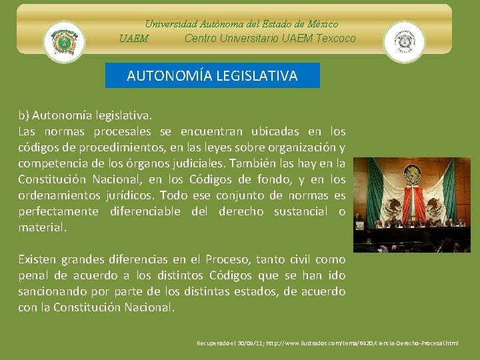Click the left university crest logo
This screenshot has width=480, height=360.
click(x=64, y=42)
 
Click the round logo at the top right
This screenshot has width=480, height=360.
click(x=404, y=42)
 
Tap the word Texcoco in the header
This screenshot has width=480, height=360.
click(x=334, y=38)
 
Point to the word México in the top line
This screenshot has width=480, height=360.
click(x=321, y=24)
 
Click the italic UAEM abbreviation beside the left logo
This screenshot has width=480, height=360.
click(x=134, y=39)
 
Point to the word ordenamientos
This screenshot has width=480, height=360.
click(x=61, y=195)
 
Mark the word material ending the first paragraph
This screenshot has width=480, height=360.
click(x=42, y=227)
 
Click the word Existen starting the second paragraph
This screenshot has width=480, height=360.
click(x=37, y=259)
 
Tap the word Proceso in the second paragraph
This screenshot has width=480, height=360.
click(x=228, y=259)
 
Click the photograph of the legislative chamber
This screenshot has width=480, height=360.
click(x=411, y=205)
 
